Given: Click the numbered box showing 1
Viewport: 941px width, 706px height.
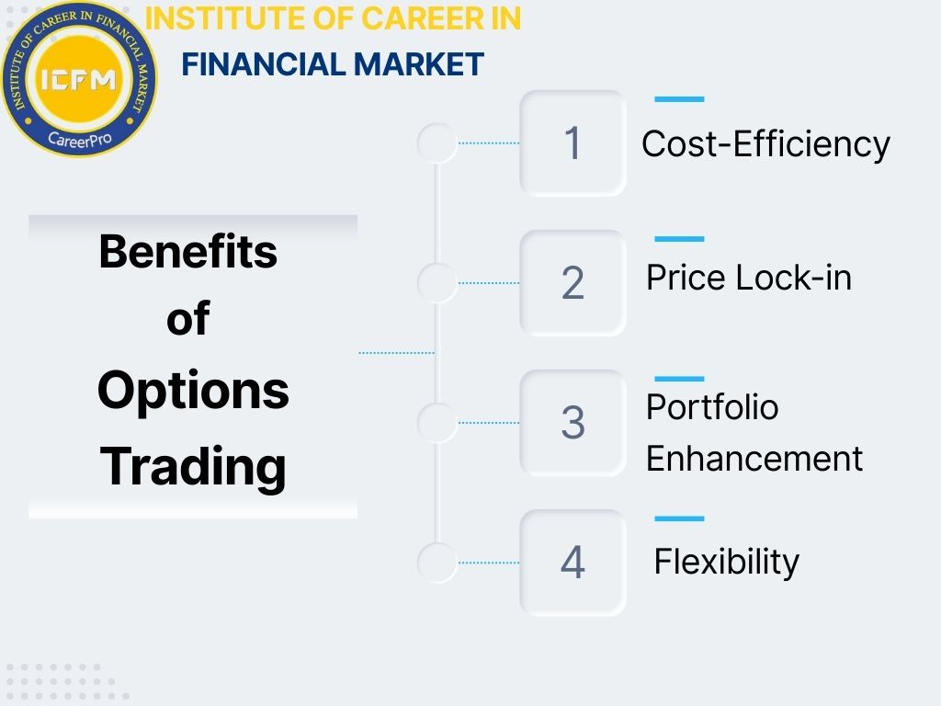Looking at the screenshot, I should (573, 143).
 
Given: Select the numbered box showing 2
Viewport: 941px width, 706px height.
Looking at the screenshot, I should (573, 283).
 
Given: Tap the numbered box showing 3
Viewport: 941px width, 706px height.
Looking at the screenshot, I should (573, 423).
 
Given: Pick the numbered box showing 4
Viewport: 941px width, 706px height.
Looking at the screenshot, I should (573, 563).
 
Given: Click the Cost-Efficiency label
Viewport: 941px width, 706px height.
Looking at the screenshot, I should (765, 144).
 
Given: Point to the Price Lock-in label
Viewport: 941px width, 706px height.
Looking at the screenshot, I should (749, 277).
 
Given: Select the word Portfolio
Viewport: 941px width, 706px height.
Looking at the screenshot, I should (712, 406).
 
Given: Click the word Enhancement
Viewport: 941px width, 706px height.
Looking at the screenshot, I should (754, 458).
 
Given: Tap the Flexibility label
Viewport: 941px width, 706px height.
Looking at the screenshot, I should (726, 561).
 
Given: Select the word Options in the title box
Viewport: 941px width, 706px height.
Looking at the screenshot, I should (193, 391).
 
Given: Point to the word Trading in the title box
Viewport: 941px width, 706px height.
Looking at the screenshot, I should (193, 465).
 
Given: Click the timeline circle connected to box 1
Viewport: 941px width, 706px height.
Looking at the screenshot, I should (436, 143).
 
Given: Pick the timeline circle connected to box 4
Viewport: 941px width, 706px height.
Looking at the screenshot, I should (436, 563).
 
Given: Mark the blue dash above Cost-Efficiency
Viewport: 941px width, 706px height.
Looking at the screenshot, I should (679, 99).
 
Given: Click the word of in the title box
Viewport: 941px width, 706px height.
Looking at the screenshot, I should (187, 320).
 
